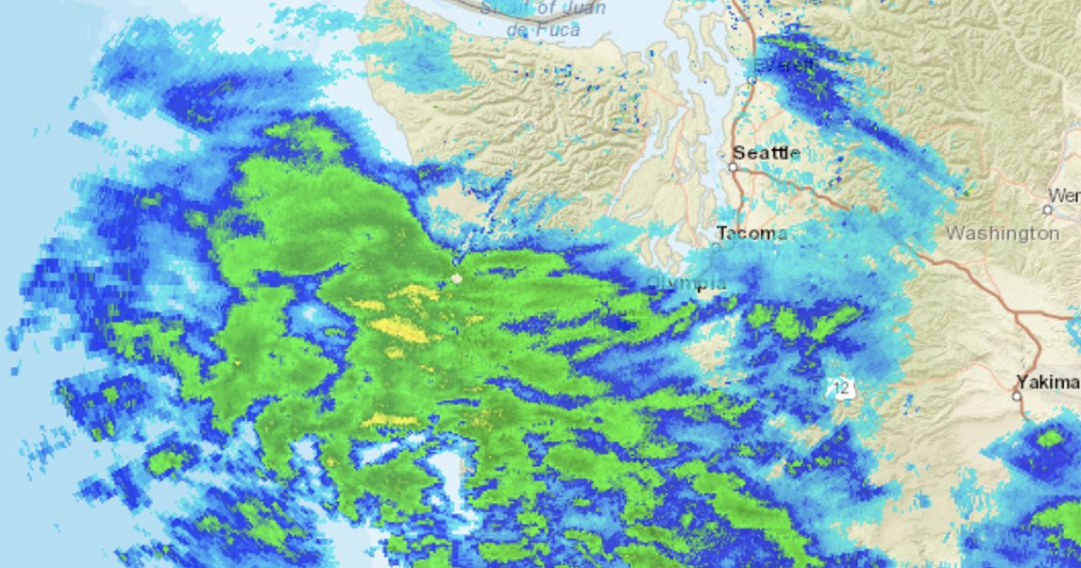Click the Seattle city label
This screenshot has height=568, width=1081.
tap(766, 152)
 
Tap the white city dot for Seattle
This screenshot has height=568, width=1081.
tap(733, 167)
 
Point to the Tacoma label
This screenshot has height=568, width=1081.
tap(751, 234)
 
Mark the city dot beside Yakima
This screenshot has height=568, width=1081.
tap(1017, 395)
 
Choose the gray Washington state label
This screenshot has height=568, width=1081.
tap(1002, 234)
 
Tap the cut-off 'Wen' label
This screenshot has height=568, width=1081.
tap(1065, 196)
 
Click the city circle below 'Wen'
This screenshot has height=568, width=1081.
tap(1047, 209)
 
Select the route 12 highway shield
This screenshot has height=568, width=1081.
tap(841, 389)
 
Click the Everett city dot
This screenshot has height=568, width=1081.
tap(752, 80)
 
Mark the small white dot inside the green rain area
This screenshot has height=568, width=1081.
tap(457, 279)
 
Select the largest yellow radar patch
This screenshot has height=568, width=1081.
tap(400, 329)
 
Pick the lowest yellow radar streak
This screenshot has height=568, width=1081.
tap(389, 420)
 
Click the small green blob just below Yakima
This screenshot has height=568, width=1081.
tap(1049, 438)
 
